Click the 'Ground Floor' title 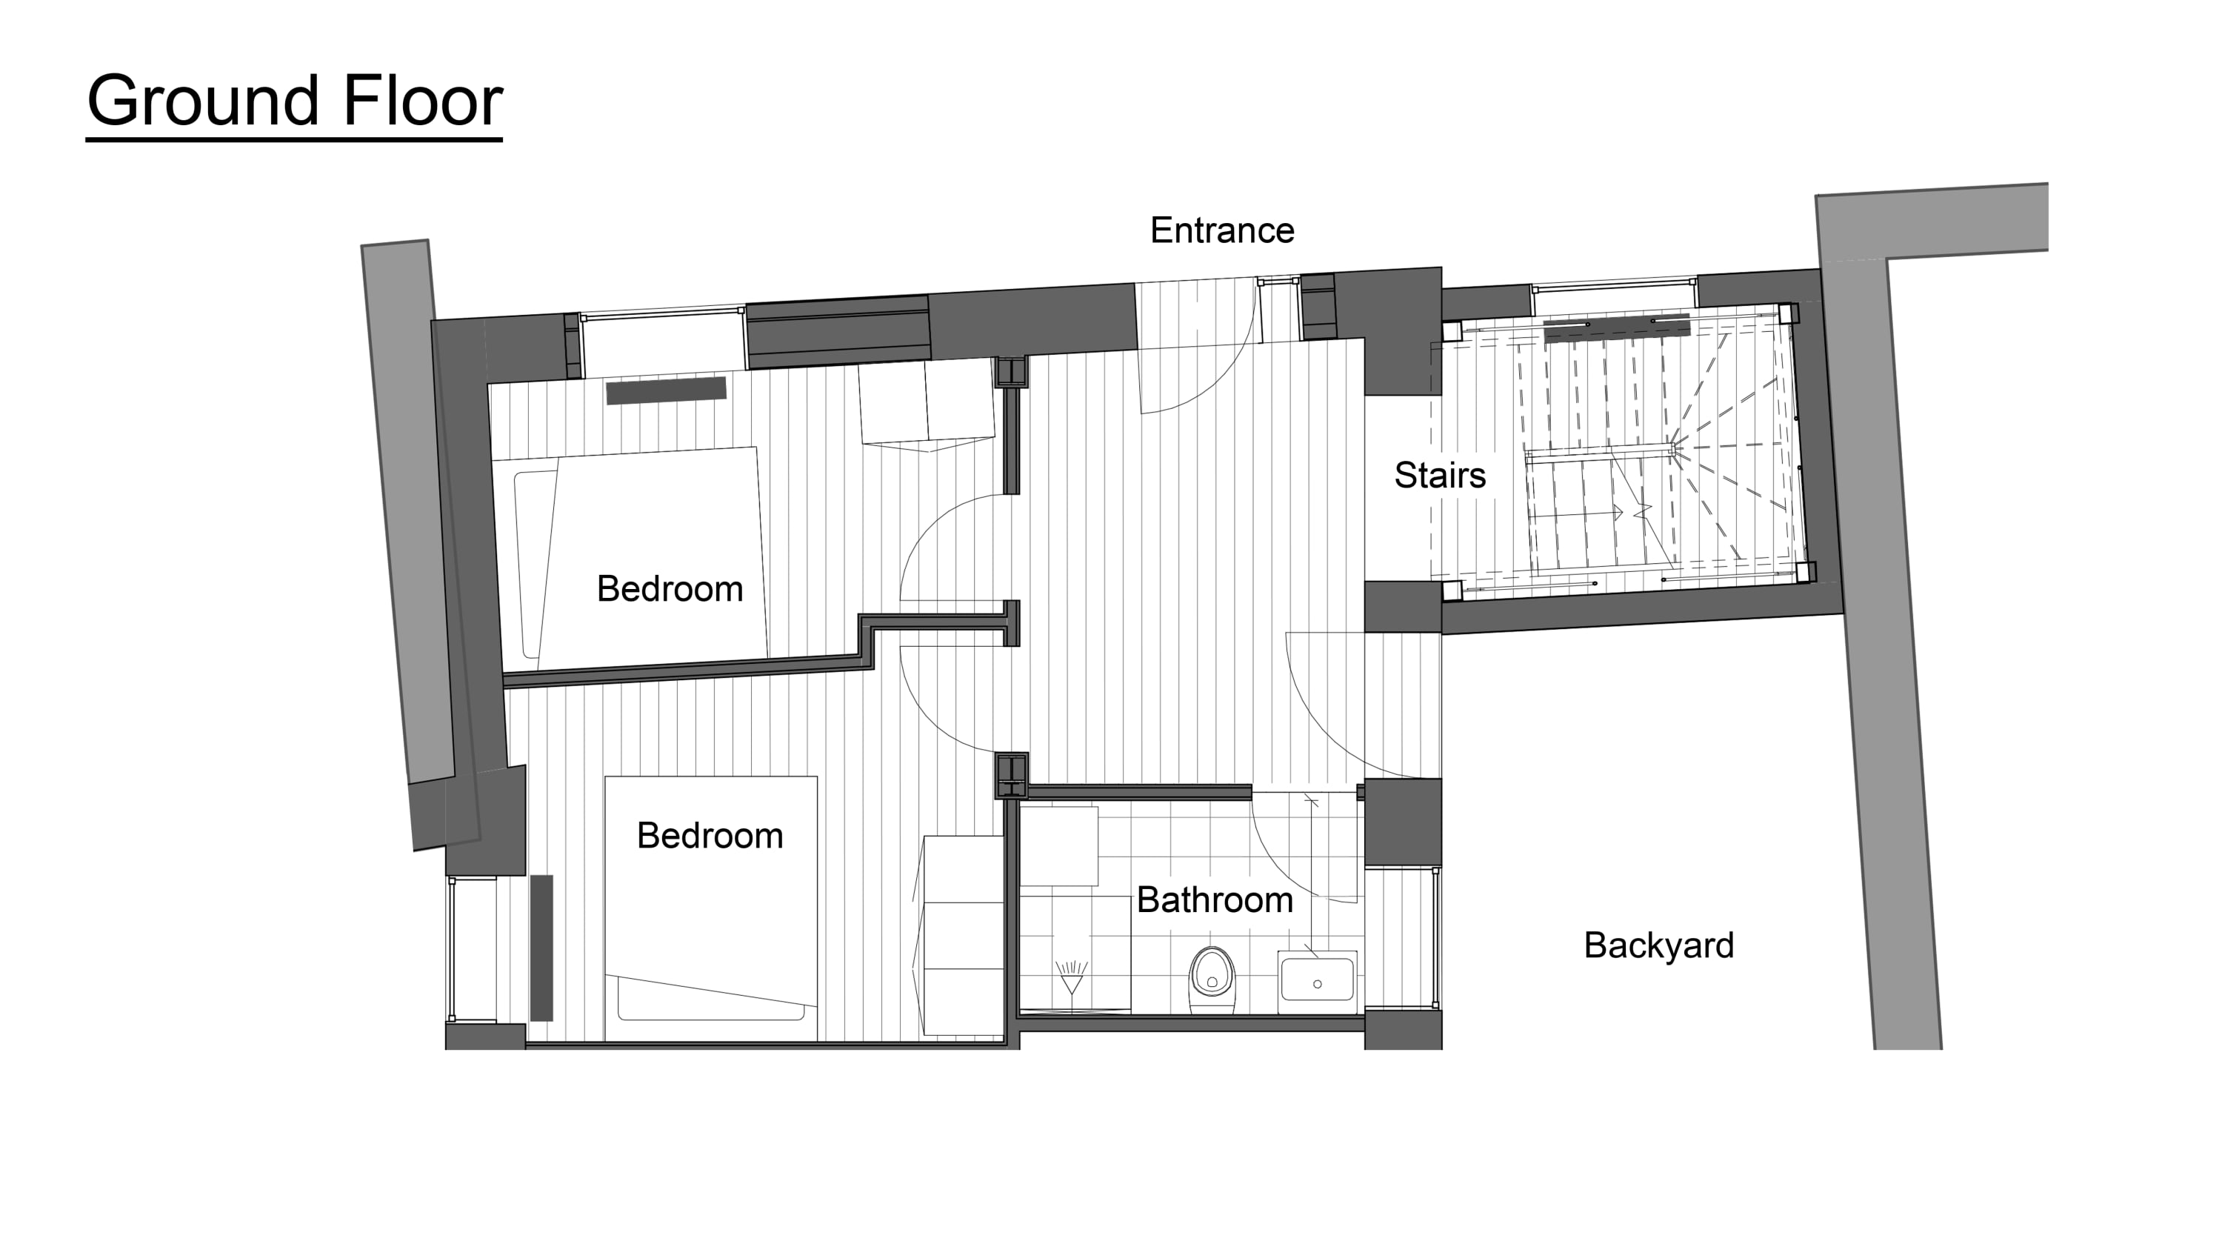click(294, 102)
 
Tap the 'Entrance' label click(1222, 230)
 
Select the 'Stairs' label click(1440, 476)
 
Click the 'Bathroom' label click(1215, 899)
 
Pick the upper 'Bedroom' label click(670, 588)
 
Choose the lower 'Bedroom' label click(710, 835)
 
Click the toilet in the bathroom click(1212, 980)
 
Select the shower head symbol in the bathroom click(1071, 980)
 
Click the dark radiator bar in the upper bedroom click(666, 390)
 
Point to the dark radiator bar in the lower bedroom click(541, 947)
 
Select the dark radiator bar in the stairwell click(1615, 327)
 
